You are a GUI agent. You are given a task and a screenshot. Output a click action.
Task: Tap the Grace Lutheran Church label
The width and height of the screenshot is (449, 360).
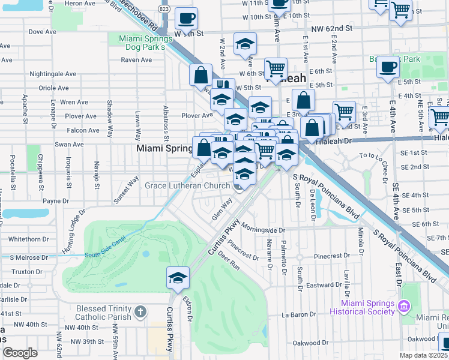(x=187, y=185)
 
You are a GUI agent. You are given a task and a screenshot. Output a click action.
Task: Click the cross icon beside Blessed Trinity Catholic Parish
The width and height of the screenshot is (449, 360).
(x=140, y=312)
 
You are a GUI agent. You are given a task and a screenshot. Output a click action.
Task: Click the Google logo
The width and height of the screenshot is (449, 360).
(x=20, y=353)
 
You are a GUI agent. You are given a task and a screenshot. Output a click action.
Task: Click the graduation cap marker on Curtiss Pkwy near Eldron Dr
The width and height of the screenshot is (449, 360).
(x=178, y=277)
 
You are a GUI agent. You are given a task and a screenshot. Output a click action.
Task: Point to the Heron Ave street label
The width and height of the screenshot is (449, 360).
(x=80, y=4)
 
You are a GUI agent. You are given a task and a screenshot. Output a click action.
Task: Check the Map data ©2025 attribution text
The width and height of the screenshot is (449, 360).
(x=423, y=355)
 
